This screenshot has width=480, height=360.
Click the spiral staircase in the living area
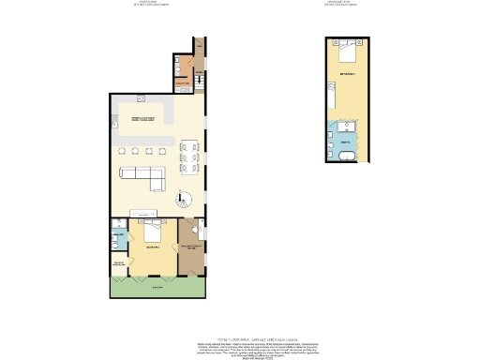click(183, 200)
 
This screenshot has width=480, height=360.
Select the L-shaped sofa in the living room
click(143, 174)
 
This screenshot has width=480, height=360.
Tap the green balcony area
click(156, 287)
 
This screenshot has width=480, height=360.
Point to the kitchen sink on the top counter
click(140, 97)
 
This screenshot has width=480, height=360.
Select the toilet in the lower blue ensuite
click(113, 244)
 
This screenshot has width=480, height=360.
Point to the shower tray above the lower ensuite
click(117, 225)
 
